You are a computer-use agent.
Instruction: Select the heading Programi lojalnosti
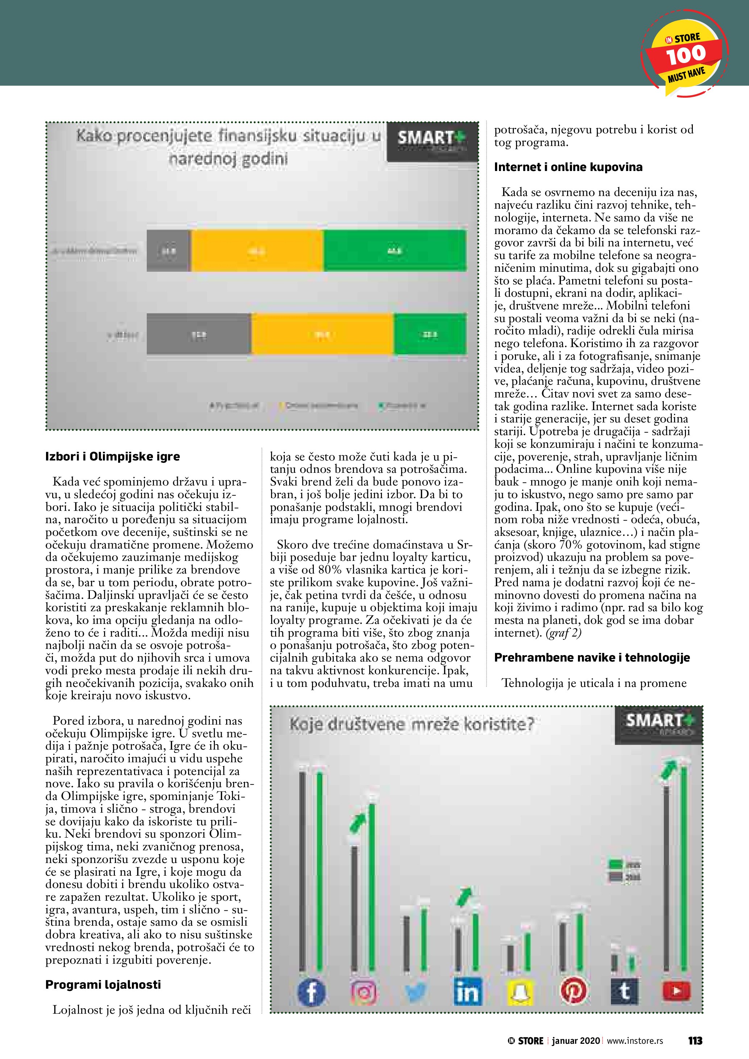(103, 985)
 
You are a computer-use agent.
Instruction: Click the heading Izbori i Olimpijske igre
(112, 456)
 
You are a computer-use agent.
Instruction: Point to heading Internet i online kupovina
(568, 167)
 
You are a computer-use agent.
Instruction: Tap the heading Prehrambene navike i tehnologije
(592, 657)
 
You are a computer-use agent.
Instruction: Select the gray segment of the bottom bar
(199, 334)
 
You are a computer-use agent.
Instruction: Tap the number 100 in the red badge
(685, 55)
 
